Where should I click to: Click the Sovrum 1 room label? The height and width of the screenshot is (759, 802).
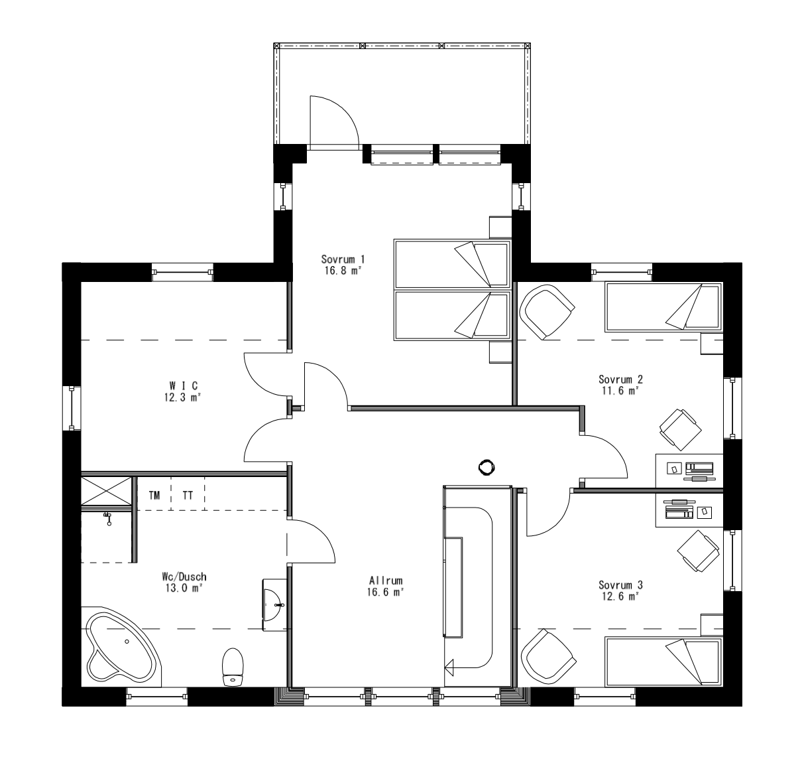(343, 259)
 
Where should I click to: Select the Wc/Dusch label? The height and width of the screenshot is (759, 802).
(180, 577)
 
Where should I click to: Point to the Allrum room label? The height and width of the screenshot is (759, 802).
(386, 579)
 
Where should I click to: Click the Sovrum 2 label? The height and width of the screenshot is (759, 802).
(620, 379)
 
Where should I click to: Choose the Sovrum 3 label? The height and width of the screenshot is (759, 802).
(620, 585)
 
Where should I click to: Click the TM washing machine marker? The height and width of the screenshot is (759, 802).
(154, 495)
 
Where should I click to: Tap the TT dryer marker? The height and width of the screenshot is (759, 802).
(188, 495)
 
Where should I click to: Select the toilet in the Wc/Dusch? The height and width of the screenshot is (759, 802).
(232, 666)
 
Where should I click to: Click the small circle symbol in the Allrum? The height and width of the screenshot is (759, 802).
(487, 467)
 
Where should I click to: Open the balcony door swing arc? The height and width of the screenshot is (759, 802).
(335, 120)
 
